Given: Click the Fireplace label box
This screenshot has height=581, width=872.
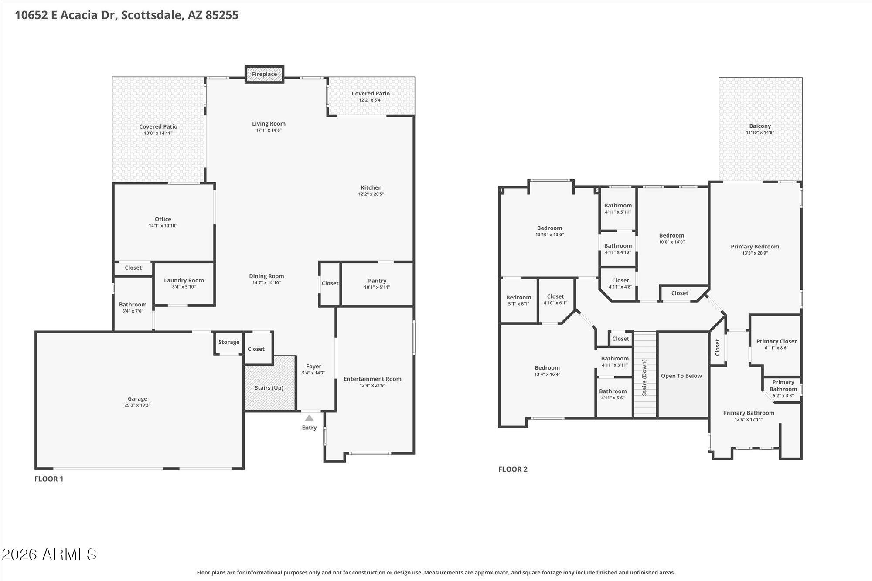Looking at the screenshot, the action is point(264,74).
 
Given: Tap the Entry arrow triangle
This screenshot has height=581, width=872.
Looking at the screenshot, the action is point(309,418).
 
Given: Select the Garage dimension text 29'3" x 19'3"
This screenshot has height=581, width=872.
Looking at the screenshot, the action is point(137,405).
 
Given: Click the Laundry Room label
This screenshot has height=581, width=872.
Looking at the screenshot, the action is point(184,280).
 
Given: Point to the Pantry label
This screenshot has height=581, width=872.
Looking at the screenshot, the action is point(377,281).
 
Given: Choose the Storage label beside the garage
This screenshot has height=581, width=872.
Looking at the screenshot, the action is point(229,342).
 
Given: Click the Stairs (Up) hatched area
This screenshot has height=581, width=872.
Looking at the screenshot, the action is point(269,383).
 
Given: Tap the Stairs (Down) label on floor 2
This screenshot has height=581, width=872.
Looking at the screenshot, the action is point(644,377).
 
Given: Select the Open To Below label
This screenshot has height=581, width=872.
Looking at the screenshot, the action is point(681,376).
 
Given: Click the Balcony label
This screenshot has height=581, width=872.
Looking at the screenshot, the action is point(760,126).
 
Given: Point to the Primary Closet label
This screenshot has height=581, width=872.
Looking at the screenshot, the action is point(777,341).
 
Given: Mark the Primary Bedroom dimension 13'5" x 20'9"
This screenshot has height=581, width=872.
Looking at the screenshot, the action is point(755,253).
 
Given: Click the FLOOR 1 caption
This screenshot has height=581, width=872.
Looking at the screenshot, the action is point(49,479).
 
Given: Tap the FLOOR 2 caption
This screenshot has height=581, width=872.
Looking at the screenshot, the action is point(513,469).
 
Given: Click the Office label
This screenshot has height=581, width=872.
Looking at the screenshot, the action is point(163,219).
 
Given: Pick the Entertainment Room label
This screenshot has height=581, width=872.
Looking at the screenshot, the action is point(372,379).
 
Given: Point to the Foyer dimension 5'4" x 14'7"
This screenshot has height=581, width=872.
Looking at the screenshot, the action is point(313,373).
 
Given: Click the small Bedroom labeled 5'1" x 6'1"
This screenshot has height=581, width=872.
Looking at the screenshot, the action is point(519,300).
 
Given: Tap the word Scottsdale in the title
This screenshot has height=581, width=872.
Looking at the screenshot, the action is point(152,15).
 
